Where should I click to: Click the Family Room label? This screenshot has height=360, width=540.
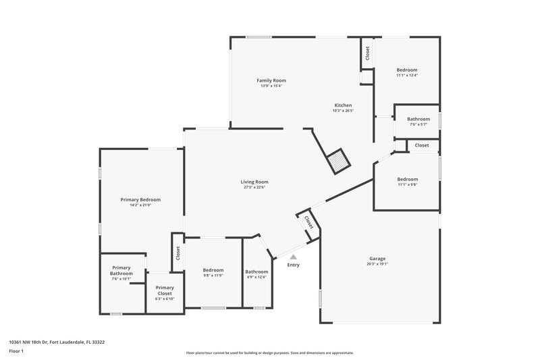tap(271, 80)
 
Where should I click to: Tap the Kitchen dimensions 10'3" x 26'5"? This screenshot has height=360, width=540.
tap(343, 111)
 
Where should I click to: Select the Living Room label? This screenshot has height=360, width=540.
tap(254, 182)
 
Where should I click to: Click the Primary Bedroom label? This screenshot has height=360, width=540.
tap(140, 200)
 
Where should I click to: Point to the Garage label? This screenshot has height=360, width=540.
tap(377, 259)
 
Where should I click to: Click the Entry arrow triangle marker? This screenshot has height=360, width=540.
tap(293, 257)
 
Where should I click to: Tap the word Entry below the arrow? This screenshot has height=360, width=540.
tap(293, 265)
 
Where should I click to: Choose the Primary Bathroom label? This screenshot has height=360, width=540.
tap(122, 270)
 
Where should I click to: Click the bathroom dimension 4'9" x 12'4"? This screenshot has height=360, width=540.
tap(256, 276)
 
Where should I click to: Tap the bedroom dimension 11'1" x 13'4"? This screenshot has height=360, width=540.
tap(407, 76)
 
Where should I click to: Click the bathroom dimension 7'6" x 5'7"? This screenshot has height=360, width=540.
tap(418, 124)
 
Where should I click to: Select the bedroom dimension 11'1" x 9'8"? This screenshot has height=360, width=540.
tap(407, 184)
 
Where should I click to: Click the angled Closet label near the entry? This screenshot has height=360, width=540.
tap(308, 222)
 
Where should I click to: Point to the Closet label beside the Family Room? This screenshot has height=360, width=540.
tap(368, 53)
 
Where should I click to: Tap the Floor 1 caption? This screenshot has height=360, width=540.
tap(16, 351)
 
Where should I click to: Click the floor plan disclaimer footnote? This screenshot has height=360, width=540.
tap(269, 353)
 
